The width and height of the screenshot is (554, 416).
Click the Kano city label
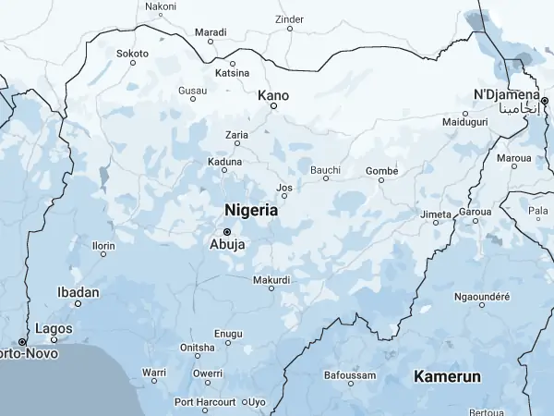(x=273, y=94)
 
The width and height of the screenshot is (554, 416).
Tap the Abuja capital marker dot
(x=227, y=231)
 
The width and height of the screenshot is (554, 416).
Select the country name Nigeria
(x=251, y=211)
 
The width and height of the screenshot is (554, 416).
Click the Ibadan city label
(x=78, y=292)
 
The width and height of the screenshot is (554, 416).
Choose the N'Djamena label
(x=505, y=95)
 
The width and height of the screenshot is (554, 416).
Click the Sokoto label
(x=132, y=53)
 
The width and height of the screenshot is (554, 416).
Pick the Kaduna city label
(x=225, y=161)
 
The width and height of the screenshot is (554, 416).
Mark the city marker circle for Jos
(x=284, y=196)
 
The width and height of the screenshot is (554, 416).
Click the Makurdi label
(x=271, y=279)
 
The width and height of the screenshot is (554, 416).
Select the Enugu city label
(x=228, y=333)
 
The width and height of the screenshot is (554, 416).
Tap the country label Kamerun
(x=447, y=377)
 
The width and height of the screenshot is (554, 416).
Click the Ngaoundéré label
(x=482, y=297)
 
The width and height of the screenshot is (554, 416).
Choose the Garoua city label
(x=476, y=211)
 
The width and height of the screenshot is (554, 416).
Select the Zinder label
(x=290, y=18)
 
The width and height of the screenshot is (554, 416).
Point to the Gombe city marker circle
(x=381, y=180)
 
